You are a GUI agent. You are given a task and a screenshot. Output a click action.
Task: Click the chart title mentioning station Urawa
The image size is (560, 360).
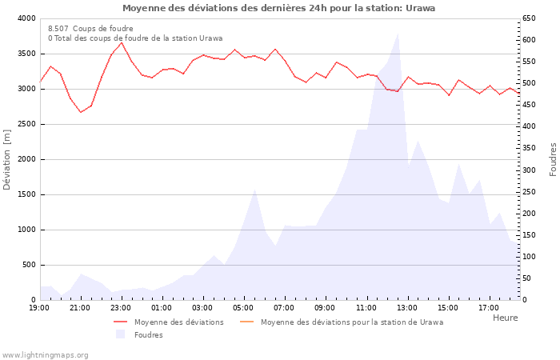279,8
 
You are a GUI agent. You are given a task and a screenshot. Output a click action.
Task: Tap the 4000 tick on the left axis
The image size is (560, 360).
26,18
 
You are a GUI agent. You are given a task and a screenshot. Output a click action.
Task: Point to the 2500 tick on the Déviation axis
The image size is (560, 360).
26,124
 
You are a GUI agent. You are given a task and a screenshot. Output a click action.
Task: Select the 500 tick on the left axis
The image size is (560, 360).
29,265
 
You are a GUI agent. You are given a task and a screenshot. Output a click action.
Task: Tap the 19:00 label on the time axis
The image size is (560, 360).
40,307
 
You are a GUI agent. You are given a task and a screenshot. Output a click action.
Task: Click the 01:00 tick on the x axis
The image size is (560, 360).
162,307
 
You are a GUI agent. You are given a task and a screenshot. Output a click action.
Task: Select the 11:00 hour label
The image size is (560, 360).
366,307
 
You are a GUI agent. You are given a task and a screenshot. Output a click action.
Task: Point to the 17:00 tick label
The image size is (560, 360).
488,307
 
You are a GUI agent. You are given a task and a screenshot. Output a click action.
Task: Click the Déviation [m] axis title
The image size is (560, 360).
7,159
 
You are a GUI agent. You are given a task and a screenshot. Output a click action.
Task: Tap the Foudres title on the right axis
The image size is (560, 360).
553,159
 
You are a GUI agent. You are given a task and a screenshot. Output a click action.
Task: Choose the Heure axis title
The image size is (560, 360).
505,318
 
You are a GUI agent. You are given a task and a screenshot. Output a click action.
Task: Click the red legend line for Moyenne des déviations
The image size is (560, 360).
121,322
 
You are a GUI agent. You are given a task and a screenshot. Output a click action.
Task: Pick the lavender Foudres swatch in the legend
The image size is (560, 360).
121,334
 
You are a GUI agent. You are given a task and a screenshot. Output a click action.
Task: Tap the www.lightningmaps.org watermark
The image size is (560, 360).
45,354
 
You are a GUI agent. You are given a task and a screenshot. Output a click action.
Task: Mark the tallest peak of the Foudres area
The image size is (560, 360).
398,34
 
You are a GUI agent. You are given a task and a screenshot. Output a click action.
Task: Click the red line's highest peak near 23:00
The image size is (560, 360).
122,42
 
